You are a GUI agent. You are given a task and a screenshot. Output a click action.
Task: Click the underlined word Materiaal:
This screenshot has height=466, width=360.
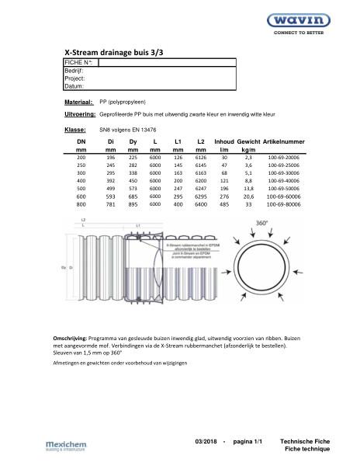[78, 102]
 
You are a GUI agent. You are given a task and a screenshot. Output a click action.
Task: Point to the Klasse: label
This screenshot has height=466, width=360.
[74, 129]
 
